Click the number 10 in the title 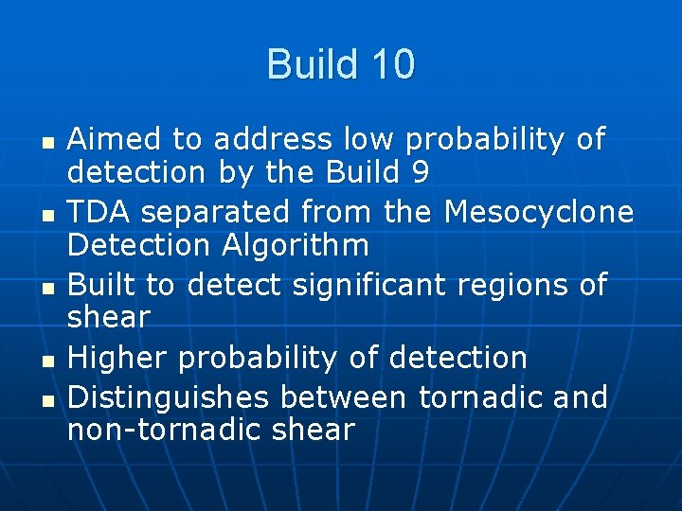coord(392,65)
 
